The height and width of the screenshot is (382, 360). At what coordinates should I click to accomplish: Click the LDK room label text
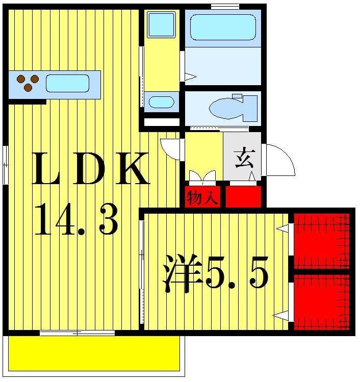point(91,170)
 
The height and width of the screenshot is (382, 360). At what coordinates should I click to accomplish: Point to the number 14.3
point(76,219)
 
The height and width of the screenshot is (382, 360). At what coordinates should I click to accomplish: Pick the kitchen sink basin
point(67,83)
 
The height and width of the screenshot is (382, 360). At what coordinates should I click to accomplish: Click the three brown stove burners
point(28,83)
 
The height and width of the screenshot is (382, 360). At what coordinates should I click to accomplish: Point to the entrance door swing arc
point(279,159)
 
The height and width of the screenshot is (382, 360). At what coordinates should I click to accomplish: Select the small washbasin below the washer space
point(161,101)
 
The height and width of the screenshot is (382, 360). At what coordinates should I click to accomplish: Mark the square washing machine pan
point(161,24)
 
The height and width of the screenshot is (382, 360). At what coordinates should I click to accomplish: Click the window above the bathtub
point(225,6)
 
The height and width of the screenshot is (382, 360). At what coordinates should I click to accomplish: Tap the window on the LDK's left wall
point(5,165)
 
